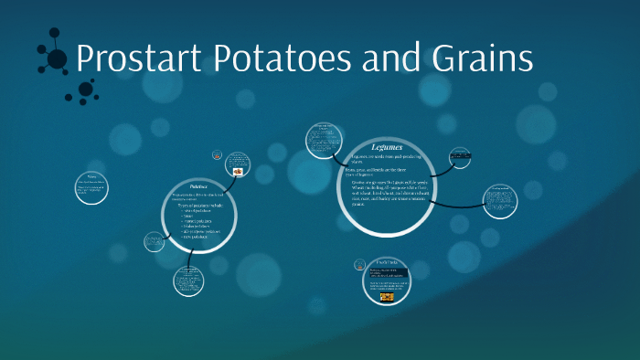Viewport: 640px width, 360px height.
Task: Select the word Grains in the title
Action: pyautogui.click(x=485, y=59)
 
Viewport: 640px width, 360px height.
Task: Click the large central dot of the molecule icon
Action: pyautogui.click(x=57, y=60)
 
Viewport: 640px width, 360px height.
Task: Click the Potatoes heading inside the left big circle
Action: pyautogui.click(x=197, y=185)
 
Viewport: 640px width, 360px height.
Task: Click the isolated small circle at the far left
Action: pyautogui.click(x=91, y=185)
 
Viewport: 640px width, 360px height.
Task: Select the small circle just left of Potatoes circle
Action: pyautogui.click(x=153, y=242)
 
